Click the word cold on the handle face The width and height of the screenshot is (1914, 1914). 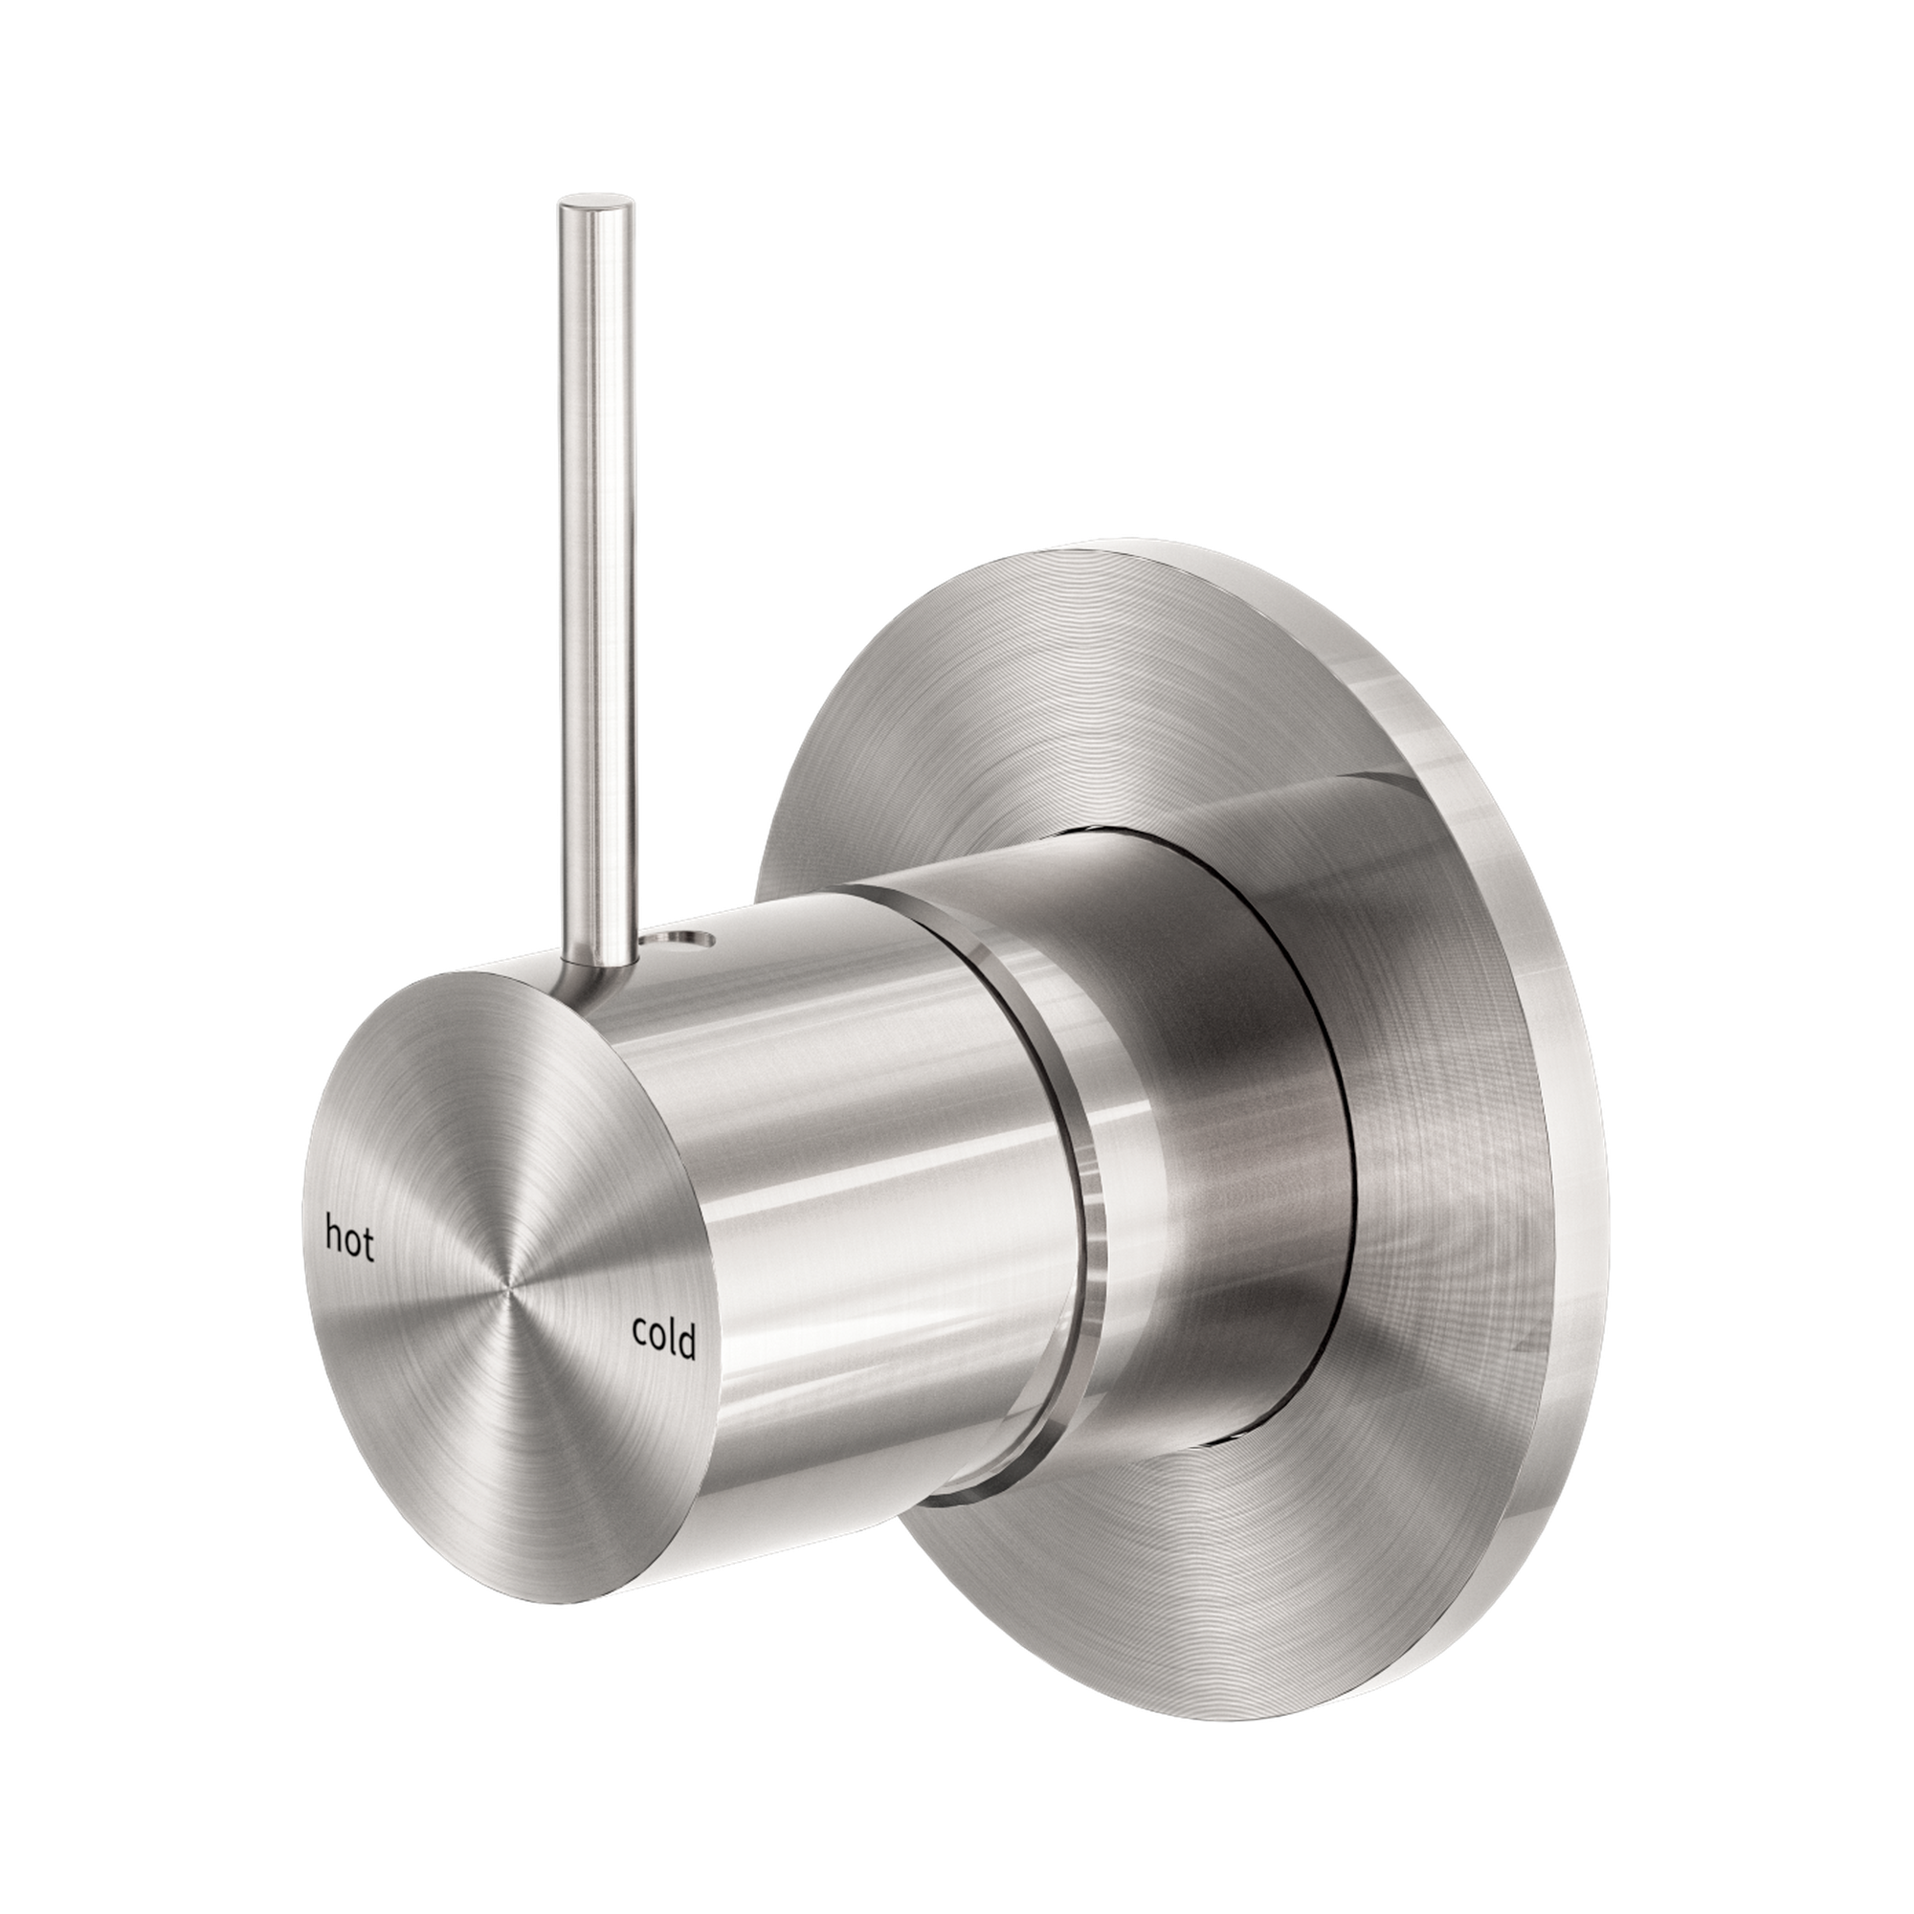coord(664,1339)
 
